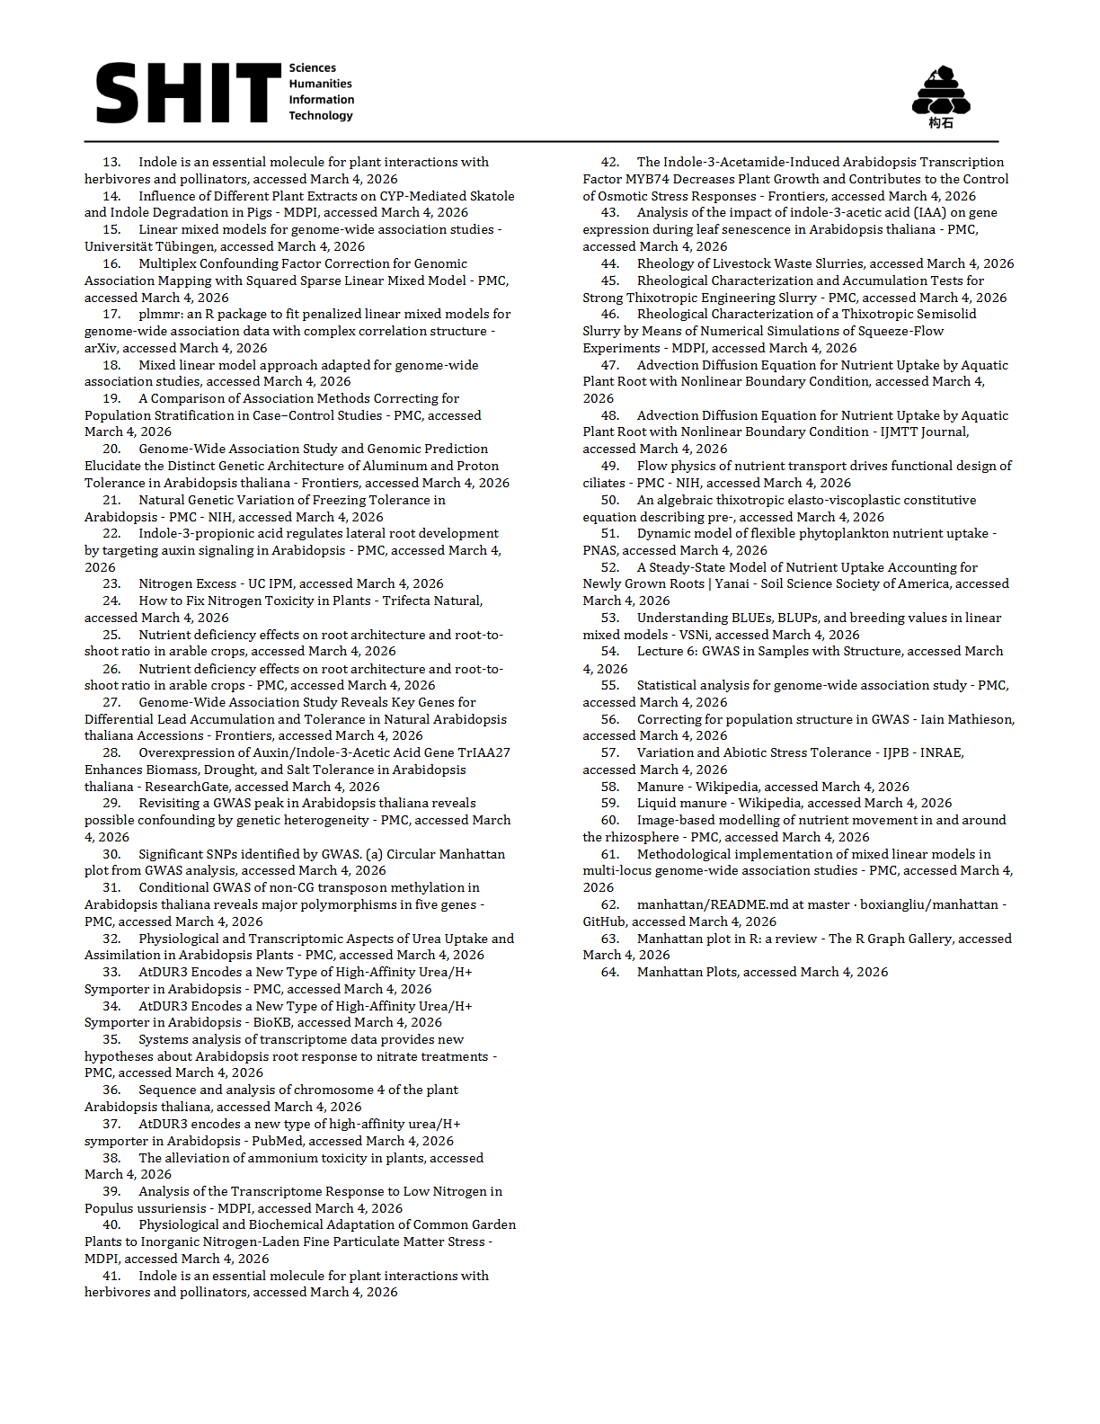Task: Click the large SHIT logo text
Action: [188, 93]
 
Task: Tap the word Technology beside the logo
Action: [321, 116]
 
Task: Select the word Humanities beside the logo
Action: [320, 84]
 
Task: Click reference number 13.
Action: [111, 163]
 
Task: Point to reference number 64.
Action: [610, 973]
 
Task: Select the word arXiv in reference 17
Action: [101, 349]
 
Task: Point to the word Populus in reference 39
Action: [109, 1209]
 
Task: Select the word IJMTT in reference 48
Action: [896, 432]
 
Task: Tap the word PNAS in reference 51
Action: [599, 551]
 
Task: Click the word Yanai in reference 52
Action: [732, 584]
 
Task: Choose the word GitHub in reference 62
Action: [604, 922]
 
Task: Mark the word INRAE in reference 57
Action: [941, 753]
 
